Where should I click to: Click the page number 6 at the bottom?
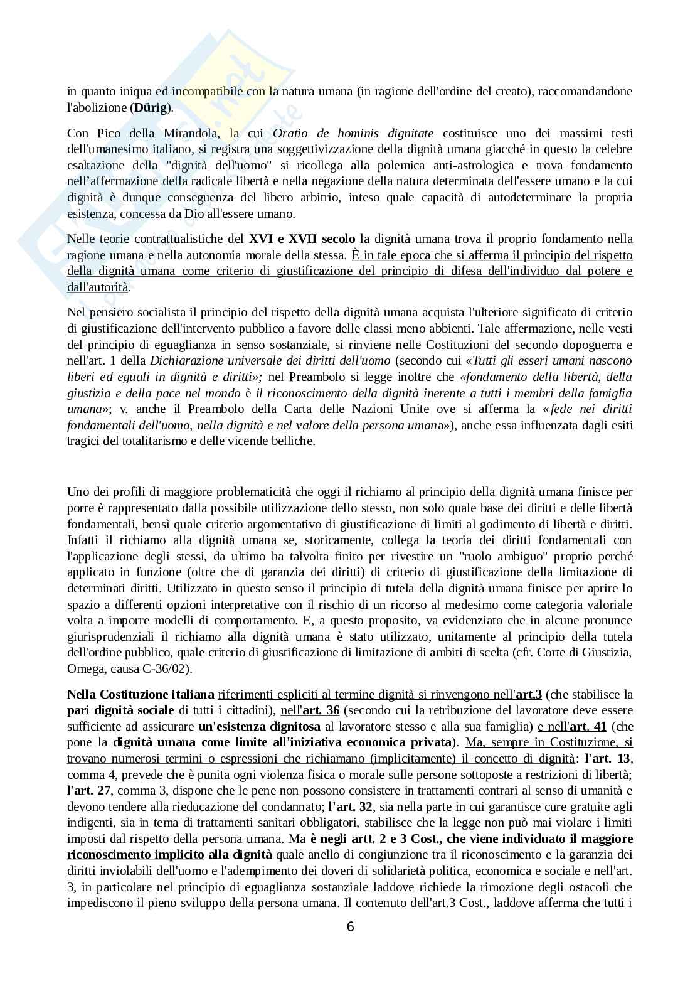click(x=350, y=927)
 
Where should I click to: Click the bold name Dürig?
click(x=151, y=107)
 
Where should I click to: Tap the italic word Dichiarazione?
click(x=184, y=361)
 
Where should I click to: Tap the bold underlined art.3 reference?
click(x=529, y=694)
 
